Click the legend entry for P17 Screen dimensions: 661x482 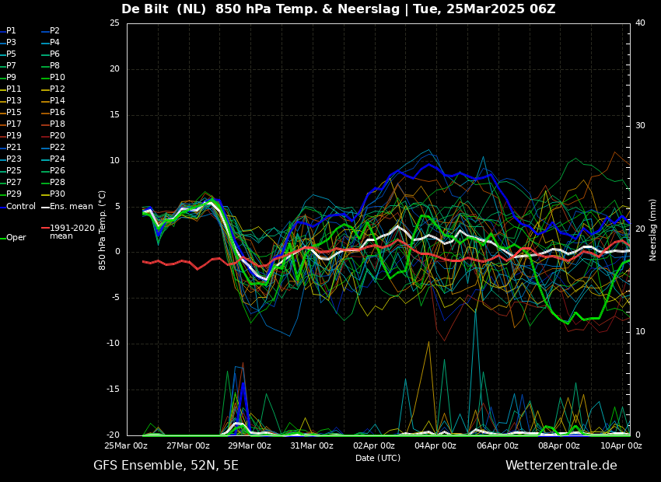pyautogui.click(x=11, y=124)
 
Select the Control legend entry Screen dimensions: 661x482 pyautogui.click(x=18, y=207)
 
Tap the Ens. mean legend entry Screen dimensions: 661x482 pyautogui.click(x=67, y=207)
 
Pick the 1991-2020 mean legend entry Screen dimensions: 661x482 pyautogui.click(x=68, y=232)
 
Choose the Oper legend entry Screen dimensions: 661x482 pyautogui.click(x=13, y=238)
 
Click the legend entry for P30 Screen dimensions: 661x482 pyautogui.click(x=53, y=194)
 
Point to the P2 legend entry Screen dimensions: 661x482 pyautogui.click(x=51, y=31)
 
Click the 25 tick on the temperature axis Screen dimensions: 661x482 pyautogui.click(x=114, y=23)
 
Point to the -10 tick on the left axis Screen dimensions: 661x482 pyautogui.click(x=113, y=344)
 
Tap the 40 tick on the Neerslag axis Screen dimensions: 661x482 pyautogui.click(x=640, y=23)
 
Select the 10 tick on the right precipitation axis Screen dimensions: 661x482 pyautogui.click(x=640, y=332)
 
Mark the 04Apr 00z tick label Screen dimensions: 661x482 pyautogui.click(x=435, y=445)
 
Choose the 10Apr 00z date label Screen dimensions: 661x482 pyautogui.click(x=621, y=445)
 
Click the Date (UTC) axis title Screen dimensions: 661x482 pyautogui.click(x=378, y=458)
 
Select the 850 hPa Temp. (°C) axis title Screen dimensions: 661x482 pyautogui.click(x=103, y=230)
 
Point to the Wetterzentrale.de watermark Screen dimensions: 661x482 pyautogui.click(x=561, y=466)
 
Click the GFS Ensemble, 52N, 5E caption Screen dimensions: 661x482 pyautogui.click(x=166, y=466)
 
